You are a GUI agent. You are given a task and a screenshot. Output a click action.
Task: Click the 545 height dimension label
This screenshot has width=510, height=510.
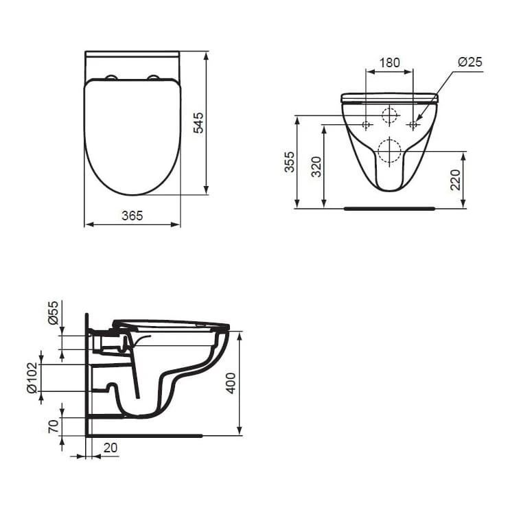coord(198,122)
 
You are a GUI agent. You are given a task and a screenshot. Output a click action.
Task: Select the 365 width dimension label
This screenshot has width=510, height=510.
coord(132,215)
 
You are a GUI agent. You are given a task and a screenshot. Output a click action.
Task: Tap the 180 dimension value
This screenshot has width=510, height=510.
coord(389,62)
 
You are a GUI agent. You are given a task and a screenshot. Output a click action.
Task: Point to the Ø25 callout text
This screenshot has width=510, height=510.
coord(470,62)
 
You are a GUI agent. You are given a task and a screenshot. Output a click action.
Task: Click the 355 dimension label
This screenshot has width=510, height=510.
coord(290,162)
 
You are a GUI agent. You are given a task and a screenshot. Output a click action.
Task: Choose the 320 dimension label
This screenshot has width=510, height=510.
coord(316,166)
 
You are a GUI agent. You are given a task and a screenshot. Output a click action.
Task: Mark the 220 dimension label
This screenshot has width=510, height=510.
coord(454,180)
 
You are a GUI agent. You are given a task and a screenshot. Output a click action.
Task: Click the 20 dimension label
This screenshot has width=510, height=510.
coord(109,448)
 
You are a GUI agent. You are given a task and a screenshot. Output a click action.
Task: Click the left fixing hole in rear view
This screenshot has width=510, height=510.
coord(366,125)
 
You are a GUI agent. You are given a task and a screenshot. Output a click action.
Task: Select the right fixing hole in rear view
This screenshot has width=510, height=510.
coord(413,125)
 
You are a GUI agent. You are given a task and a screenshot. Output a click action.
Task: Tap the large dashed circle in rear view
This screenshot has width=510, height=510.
coord(389,150)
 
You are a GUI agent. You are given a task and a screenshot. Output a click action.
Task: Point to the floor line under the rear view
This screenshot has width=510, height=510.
coord(389,206)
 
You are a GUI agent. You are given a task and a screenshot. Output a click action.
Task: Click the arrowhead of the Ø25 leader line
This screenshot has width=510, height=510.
coord(417,121)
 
